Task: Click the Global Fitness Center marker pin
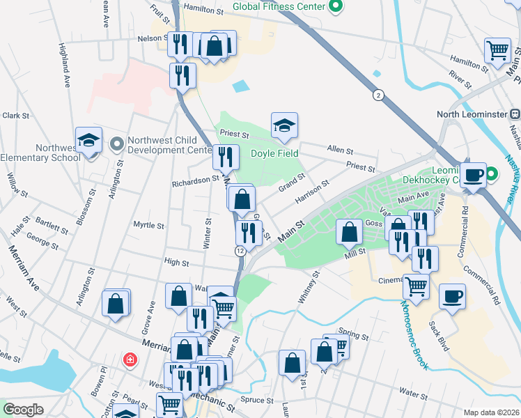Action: [x=336, y=7]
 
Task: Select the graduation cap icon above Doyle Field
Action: [x=284, y=126]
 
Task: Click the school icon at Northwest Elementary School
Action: [x=89, y=140]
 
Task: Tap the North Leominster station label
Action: [x=478, y=114]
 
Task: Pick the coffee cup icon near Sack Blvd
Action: [x=452, y=297]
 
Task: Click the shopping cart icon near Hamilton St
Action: [x=498, y=50]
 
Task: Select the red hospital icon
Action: [x=129, y=360]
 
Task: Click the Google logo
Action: [x=24, y=410]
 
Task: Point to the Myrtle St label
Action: [x=148, y=226]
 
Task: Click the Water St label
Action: [x=412, y=395]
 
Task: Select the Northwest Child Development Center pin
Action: [x=116, y=145]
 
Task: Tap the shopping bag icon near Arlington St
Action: [x=116, y=304]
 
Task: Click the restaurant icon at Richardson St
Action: [x=226, y=157]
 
